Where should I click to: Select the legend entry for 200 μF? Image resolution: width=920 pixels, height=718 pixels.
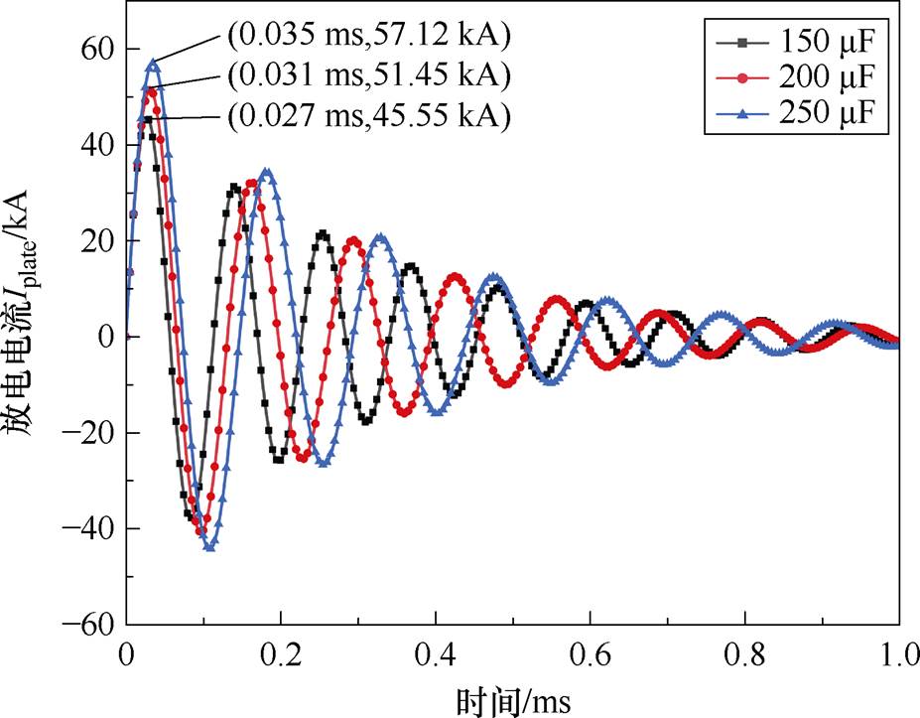click(x=794, y=78)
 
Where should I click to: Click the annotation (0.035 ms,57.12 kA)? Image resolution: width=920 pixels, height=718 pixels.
click(x=368, y=39)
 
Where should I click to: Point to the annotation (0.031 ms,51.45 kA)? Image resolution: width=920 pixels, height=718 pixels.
click(x=368, y=75)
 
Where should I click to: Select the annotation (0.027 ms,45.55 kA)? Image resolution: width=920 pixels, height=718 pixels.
click(x=368, y=116)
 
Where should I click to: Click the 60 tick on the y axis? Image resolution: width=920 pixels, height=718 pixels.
click(x=95, y=49)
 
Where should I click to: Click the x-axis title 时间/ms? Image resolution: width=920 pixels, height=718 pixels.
click(x=513, y=699)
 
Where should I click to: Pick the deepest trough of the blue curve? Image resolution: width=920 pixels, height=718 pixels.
click(x=209, y=546)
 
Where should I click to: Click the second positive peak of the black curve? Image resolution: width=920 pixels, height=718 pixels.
click(x=234, y=186)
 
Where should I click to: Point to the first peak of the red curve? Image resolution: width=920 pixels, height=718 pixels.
click(x=150, y=90)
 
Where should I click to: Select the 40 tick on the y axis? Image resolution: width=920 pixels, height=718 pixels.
click(x=95, y=145)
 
